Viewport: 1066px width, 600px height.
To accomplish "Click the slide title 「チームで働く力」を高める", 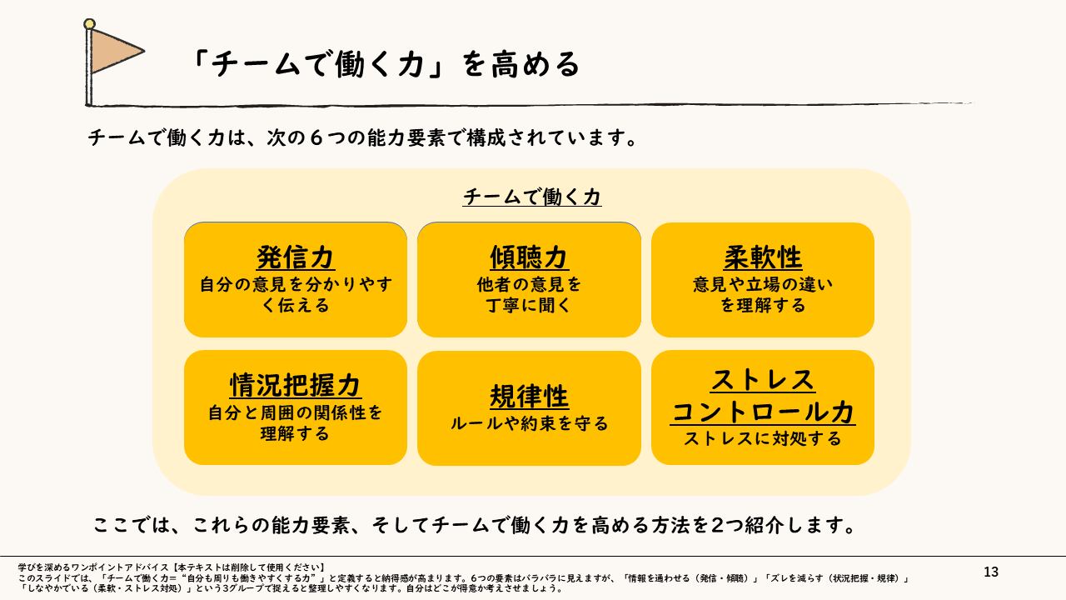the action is coord(383,64).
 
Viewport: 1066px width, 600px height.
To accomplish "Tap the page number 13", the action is coord(990,572).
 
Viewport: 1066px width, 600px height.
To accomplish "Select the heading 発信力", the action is coord(296,257).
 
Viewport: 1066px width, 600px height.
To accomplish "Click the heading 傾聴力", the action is coord(529,257).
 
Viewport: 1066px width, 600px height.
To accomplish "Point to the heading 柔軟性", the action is coord(763,257).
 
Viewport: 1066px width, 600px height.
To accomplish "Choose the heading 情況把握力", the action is coord(296,385).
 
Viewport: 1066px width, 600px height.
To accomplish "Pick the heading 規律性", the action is coord(529,396).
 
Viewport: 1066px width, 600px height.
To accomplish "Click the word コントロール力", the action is coord(763,411).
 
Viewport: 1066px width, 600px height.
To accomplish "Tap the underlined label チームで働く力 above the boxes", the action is coord(532,197).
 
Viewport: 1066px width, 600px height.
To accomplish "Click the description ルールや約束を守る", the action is coord(529,423).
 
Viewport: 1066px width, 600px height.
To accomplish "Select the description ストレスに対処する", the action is coord(763,438).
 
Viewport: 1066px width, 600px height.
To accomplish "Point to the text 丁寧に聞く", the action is coord(529,305).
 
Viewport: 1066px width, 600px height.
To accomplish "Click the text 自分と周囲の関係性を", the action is coord(296,412).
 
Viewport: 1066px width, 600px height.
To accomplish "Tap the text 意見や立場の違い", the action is coord(763,284).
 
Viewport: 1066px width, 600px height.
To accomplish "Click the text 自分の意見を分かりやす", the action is coord(296,284).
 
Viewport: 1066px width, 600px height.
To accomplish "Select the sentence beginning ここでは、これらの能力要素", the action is coord(476,526).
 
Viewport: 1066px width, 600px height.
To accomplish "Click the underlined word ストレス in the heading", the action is coord(763,380).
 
